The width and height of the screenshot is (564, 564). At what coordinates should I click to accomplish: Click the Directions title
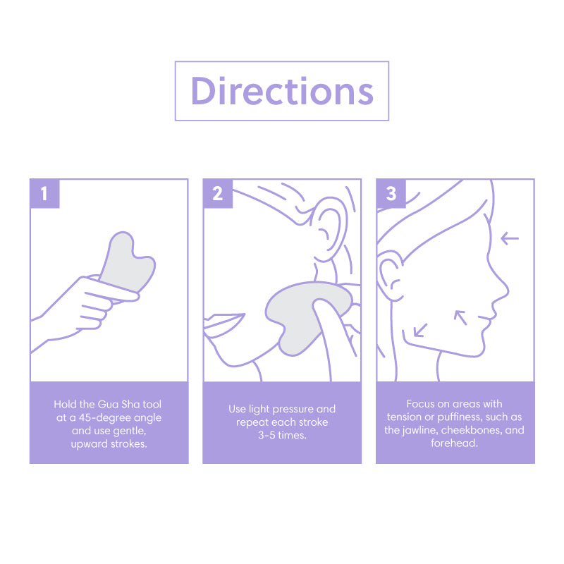pyautogui.click(x=282, y=91)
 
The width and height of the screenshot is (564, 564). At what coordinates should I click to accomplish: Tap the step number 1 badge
pyautogui.click(x=44, y=193)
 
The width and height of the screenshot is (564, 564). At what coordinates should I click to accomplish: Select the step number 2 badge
pyautogui.click(x=217, y=193)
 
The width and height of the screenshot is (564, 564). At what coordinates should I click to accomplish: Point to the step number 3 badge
pyautogui.click(x=391, y=193)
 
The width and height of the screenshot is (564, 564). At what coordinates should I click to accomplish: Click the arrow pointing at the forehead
pyautogui.click(x=509, y=238)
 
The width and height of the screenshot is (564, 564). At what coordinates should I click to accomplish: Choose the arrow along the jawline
pyautogui.click(x=420, y=329)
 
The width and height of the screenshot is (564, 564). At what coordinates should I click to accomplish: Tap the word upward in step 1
pyautogui.click(x=92, y=443)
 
